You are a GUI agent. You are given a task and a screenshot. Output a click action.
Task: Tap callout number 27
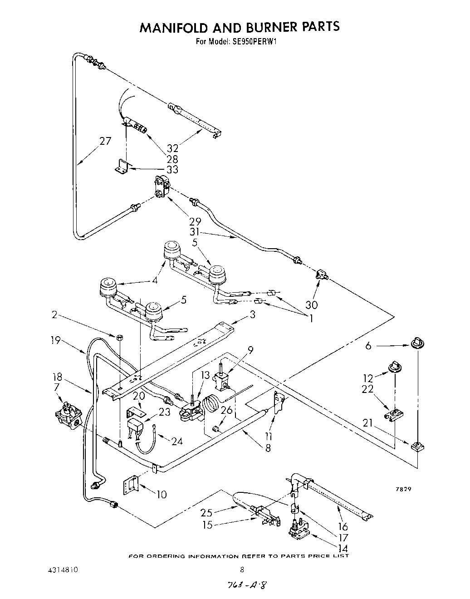point(105,141)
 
